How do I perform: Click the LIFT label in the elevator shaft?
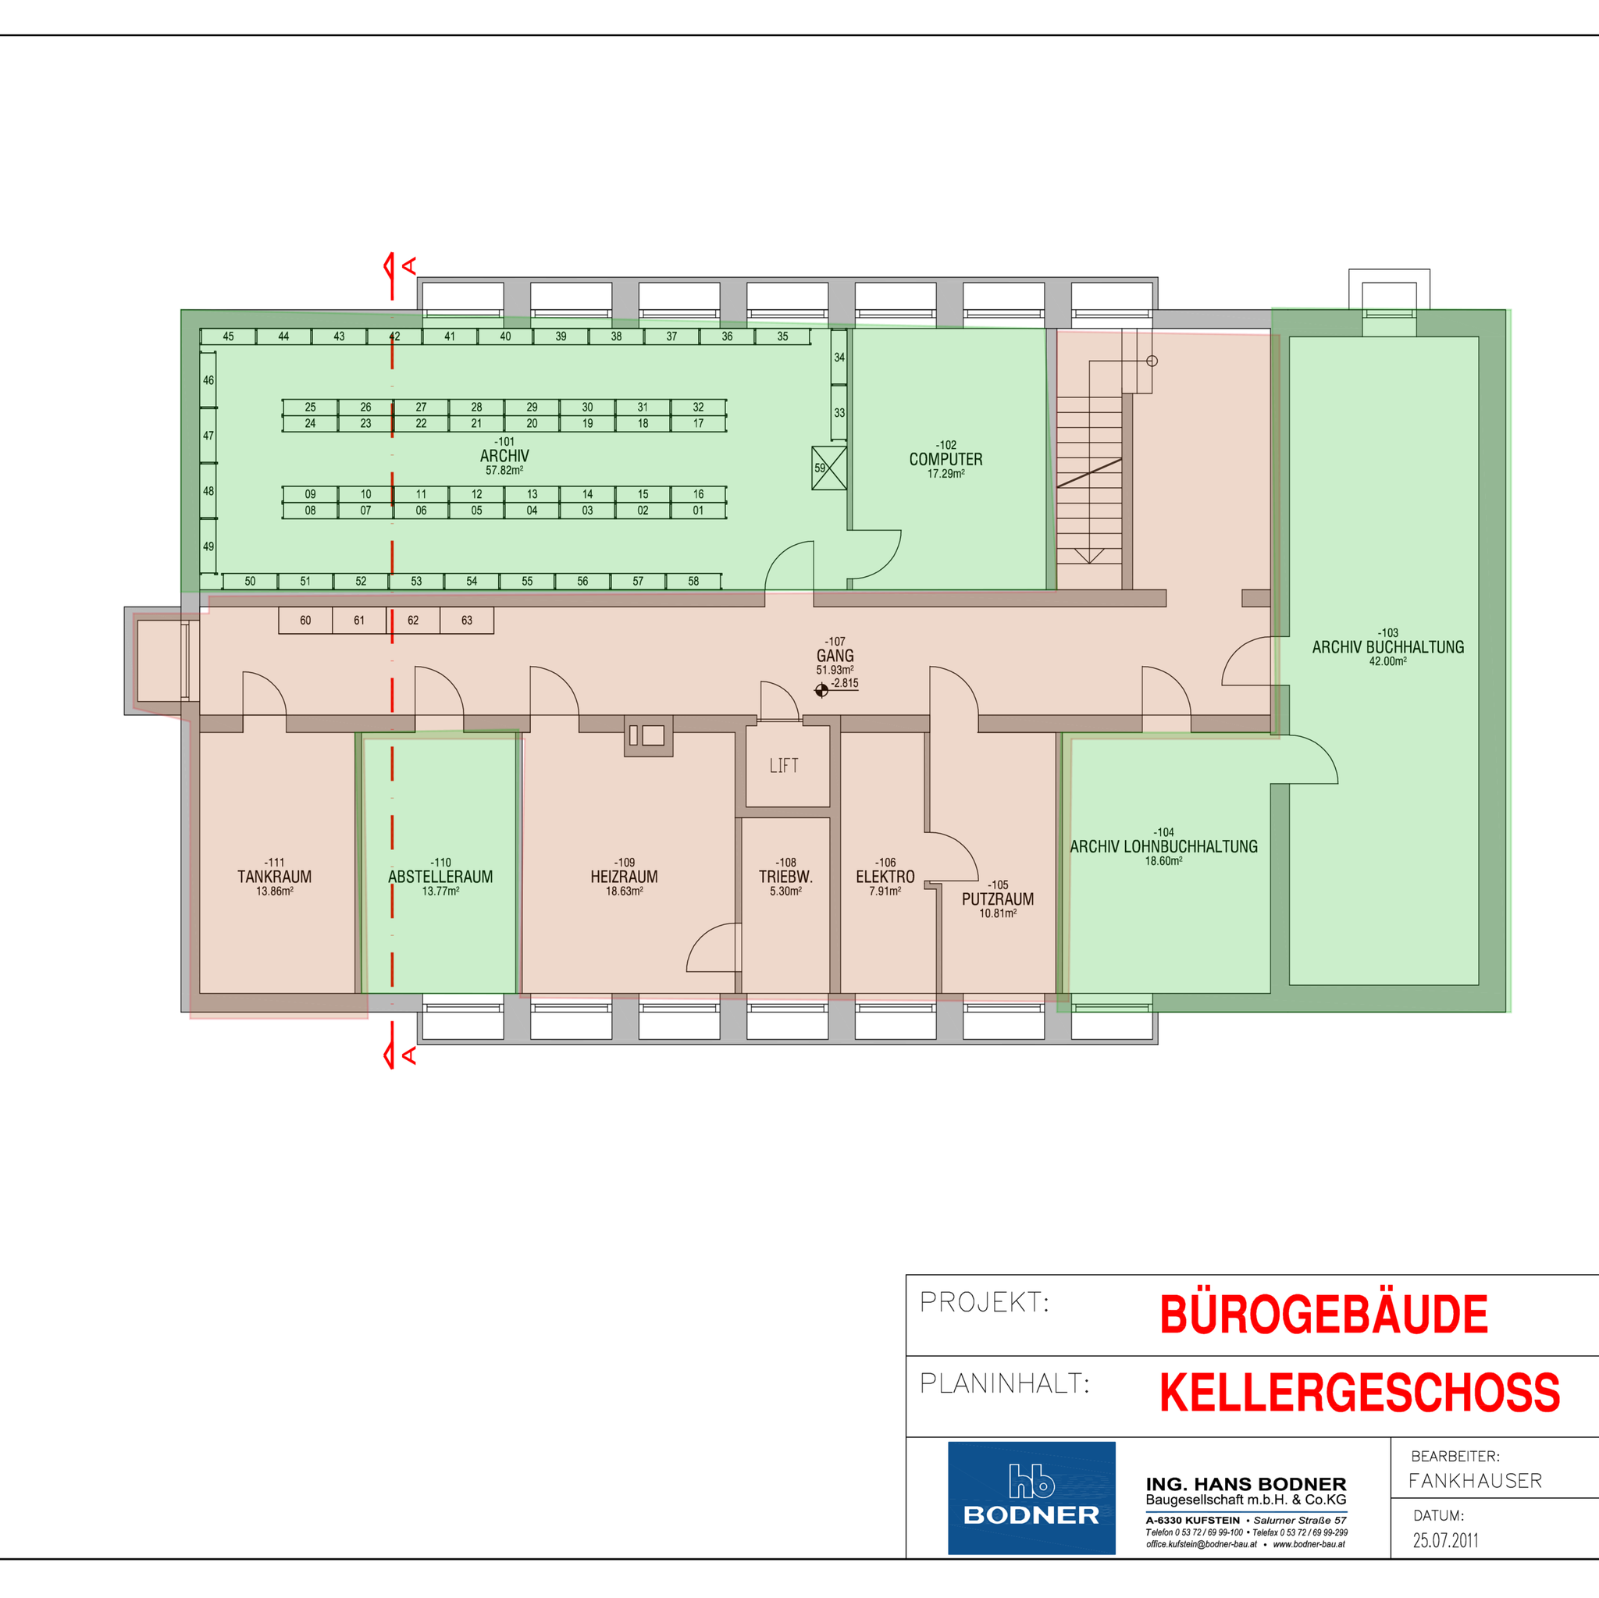783,766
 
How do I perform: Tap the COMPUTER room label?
946,459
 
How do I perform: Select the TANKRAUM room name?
275,877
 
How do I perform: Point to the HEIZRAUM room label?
624,877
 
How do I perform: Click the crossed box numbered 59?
828,468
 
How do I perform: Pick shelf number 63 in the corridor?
467,621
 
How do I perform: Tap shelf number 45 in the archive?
229,336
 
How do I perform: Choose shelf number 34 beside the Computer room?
839,358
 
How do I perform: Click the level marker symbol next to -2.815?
821,690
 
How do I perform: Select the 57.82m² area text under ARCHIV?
504,470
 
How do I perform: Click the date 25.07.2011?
1445,1540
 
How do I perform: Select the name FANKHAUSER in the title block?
1476,1480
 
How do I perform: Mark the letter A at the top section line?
409,266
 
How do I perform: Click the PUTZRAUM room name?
997,899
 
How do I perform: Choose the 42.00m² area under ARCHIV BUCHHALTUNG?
1388,661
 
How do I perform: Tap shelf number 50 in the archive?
250,582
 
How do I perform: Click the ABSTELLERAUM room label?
440,877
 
